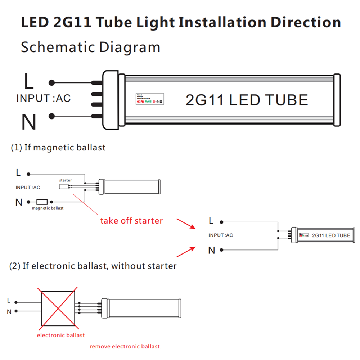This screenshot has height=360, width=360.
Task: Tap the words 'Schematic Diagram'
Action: pos(90,47)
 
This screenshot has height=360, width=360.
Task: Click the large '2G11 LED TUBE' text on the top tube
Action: pos(247,100)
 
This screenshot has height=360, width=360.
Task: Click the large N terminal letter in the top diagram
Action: pos(28,122)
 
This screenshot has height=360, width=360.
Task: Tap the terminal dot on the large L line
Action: pos(52,83)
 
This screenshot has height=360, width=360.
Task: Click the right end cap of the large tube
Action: pos(337,100)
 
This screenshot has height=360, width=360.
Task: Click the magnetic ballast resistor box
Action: pos(42,202)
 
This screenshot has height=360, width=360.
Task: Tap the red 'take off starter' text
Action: pos(131,220)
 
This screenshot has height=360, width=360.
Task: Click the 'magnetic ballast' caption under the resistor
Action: pos(48,208)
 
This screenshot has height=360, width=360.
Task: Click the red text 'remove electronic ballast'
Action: pos(125,346)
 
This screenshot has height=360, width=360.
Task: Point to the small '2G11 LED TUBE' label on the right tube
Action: pos(330,235)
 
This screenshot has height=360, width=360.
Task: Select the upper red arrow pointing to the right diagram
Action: pos(186,223)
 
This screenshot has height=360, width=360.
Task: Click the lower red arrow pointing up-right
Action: pos(186,251)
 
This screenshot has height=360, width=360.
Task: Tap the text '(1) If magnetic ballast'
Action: pos(58,147)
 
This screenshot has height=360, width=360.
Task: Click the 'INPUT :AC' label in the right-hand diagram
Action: pos(221,235)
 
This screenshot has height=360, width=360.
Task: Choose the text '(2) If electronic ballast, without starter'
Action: pos(93,266)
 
